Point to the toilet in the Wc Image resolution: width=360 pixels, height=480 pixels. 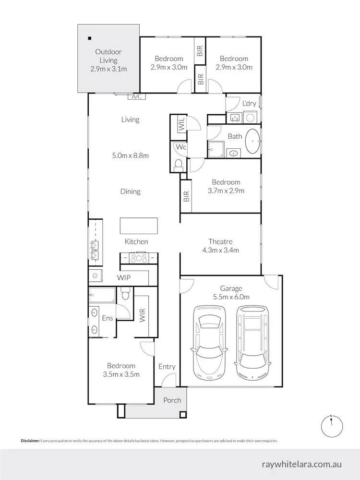coord(178,165)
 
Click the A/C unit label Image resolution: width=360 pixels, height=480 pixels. coord(136,96)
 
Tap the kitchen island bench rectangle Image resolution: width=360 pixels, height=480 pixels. coord(139,225)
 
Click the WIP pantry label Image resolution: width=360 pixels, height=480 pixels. coord(124,277)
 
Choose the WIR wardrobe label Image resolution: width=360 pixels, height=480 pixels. coord(142,314)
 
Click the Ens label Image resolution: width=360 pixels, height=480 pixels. coord(108,318)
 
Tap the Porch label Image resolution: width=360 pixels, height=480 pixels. coord(172,400)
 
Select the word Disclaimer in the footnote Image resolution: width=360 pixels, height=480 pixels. coord(30,441)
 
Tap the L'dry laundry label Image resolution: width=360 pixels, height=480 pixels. coord(249,103)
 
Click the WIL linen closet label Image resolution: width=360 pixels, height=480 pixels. coord(182,126)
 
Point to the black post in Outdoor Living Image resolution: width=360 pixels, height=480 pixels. coord(89,38)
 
